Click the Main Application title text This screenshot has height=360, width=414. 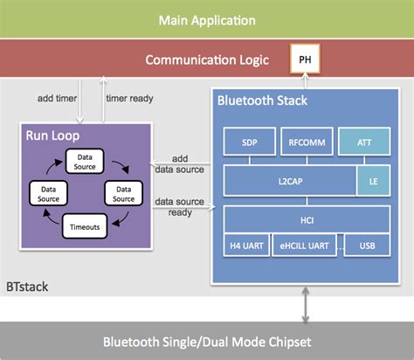tap(207, 19)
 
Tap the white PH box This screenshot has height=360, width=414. tap(304, 59)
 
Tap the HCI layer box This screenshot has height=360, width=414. tap(302, 221)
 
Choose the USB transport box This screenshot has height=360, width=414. tap(367, 247)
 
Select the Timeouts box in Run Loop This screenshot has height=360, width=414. tap(86, 228)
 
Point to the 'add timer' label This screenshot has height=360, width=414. tap(56, 98)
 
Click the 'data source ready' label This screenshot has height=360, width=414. tap(180, 207)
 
